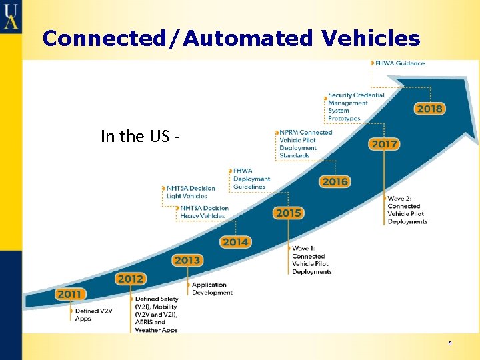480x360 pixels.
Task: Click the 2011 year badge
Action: pos(69,294)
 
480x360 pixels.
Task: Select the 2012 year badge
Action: pos(130,279)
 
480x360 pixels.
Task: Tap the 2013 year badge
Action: pos(187,260)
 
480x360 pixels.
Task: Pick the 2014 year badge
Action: pos(235,242)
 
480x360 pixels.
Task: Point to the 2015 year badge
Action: pos(288,213)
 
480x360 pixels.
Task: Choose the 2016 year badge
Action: pos(335,181)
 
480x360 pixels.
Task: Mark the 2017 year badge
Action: pos(384,144)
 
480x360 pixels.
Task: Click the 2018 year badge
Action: pos(429,108)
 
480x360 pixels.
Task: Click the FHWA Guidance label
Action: pos(399,63)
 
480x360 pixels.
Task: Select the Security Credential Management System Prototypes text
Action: pos(356,107)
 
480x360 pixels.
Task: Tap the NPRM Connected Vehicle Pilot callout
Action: pos(306,144)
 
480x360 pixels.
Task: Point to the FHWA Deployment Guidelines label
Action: pos(251,179)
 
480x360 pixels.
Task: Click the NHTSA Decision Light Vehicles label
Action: pos(191,192)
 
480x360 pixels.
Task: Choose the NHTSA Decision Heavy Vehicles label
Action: pos(204,212)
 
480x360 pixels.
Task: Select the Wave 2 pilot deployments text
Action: pos(407,210)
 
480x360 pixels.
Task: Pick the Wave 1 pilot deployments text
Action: pos(311,260)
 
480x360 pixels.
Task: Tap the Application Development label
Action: pos(212,289)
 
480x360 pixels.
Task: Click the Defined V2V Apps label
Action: pos(93,315)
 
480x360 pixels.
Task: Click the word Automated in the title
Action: pos(248,39)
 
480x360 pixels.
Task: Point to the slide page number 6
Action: pos(450,343)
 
